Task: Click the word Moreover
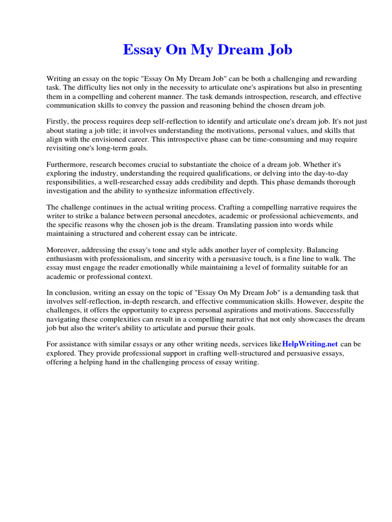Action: point(63,250)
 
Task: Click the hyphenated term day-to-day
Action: point(344,173)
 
